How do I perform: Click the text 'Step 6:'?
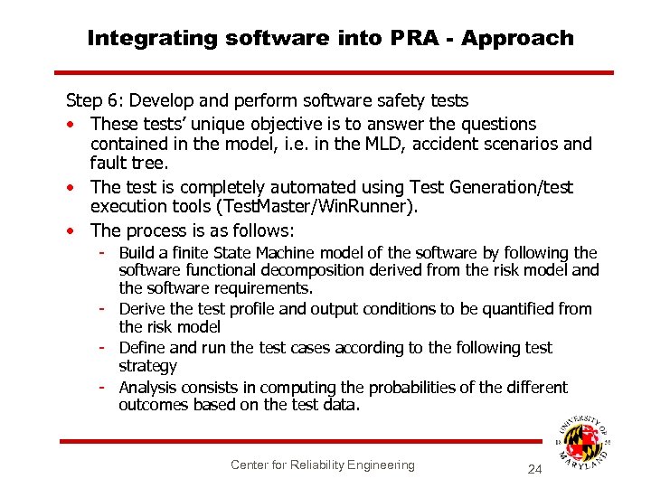pyautogui.click(x=93, y=101)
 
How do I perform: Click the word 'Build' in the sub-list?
pyautogui.click(x=136, y=253)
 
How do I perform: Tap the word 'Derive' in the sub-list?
pyautogui.click(x=142, y=309)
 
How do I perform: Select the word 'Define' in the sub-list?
pyautogui.click(x=142, y=348)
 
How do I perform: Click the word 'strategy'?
pyautogui.click(x=147, y=367)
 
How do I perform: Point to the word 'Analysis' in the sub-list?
pyautogui.click(x=148, y=388)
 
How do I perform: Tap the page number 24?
pyautogui.click(x=534, y=470)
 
